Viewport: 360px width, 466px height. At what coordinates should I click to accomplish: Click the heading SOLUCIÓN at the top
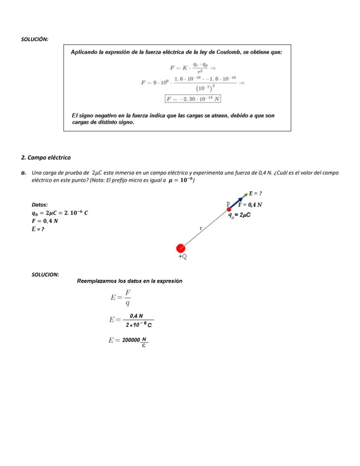[35, 40]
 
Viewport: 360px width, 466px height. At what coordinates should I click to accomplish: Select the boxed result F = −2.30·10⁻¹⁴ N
[193, 99]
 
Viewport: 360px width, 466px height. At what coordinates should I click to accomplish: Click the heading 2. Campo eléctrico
[46, 158]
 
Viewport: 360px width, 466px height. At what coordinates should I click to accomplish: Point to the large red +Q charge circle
[181, 248]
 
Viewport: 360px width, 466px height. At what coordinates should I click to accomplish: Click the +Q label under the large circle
[183, 257]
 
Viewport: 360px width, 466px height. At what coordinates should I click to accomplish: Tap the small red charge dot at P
[229, 209]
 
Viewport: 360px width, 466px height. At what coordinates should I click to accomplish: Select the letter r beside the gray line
[200, 228]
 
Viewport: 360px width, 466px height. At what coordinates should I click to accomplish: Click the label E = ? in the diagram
[255, 193]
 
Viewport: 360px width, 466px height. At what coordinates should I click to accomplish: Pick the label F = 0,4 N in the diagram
[250, 204]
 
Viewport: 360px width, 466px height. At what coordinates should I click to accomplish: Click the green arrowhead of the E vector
[246, 194]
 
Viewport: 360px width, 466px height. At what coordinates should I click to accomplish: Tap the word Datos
[40, 205]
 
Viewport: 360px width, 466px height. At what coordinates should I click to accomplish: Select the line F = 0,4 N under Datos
[45, 221]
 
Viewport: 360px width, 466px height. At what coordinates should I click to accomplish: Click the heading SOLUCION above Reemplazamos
[45, 275]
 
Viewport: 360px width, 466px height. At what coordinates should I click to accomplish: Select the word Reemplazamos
[97, 281]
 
